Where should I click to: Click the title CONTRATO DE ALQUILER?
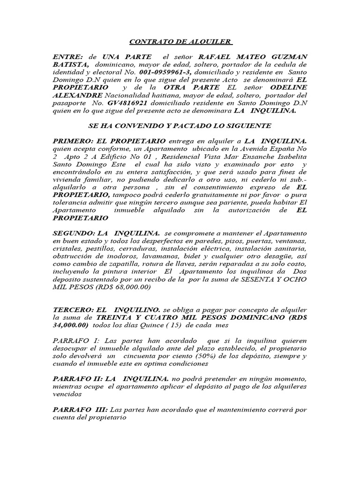[x=180, y=42]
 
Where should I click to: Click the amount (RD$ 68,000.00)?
[x=123, y=287]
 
